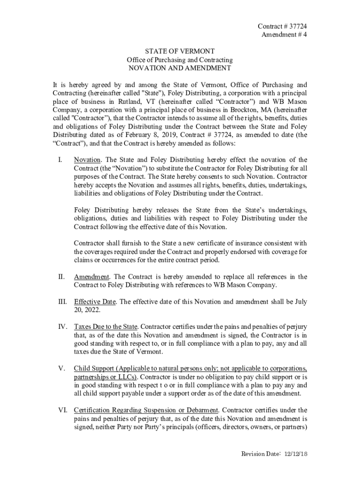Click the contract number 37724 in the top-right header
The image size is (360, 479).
tap(297, 26)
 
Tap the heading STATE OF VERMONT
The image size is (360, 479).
tap(180, 51)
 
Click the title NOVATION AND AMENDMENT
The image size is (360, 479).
tap(180, 68)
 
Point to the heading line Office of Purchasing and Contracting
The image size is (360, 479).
tap(180, 60)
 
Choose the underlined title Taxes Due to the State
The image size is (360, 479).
tap(106, 326)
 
